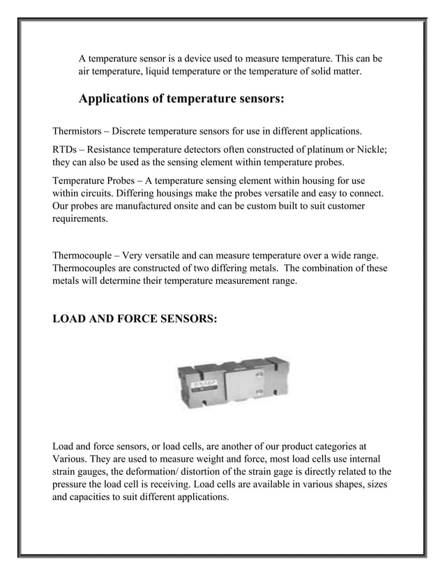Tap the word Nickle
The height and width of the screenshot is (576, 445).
pos(377,151)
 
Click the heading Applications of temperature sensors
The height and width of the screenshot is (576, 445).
pos(181,98)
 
